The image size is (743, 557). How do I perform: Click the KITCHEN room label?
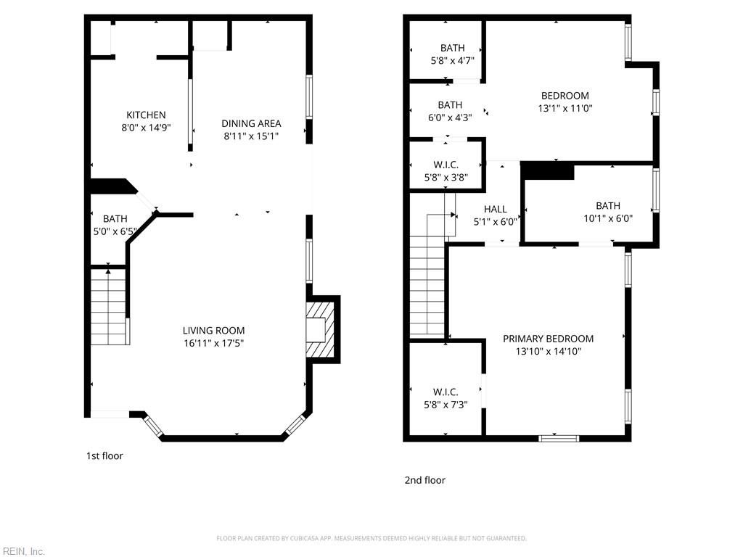click(x=146, y=115)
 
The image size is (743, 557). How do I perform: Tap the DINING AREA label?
click(x=251, y=123)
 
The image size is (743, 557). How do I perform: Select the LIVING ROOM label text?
click(x=213, y=331)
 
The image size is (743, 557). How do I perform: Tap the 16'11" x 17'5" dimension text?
click(x=213, y=343)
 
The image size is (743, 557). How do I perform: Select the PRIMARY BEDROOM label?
click(x=548, y=339)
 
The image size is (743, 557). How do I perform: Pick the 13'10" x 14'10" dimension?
click(x=548, y=351)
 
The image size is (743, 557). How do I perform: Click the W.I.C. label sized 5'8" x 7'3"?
click(x=446, y=392)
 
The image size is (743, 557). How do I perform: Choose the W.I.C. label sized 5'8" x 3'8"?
click(x=446, y=165)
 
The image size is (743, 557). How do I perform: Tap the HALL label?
click(x=495, y=209)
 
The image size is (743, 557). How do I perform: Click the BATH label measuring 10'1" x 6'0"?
click(x=608, y=205)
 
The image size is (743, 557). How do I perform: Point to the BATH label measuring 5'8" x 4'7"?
click(x=452, y=49)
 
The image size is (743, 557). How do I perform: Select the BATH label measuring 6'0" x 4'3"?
click(x=450, y=105)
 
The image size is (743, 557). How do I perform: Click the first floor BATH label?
click(x=115, y=218)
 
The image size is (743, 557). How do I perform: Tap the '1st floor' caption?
click(x=104, y=456)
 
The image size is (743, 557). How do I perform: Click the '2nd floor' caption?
click(x=424, y=480)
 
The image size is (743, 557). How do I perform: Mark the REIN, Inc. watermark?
click(x=22, y=551)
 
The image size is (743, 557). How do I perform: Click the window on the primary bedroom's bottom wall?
click(x=559, y=438)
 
